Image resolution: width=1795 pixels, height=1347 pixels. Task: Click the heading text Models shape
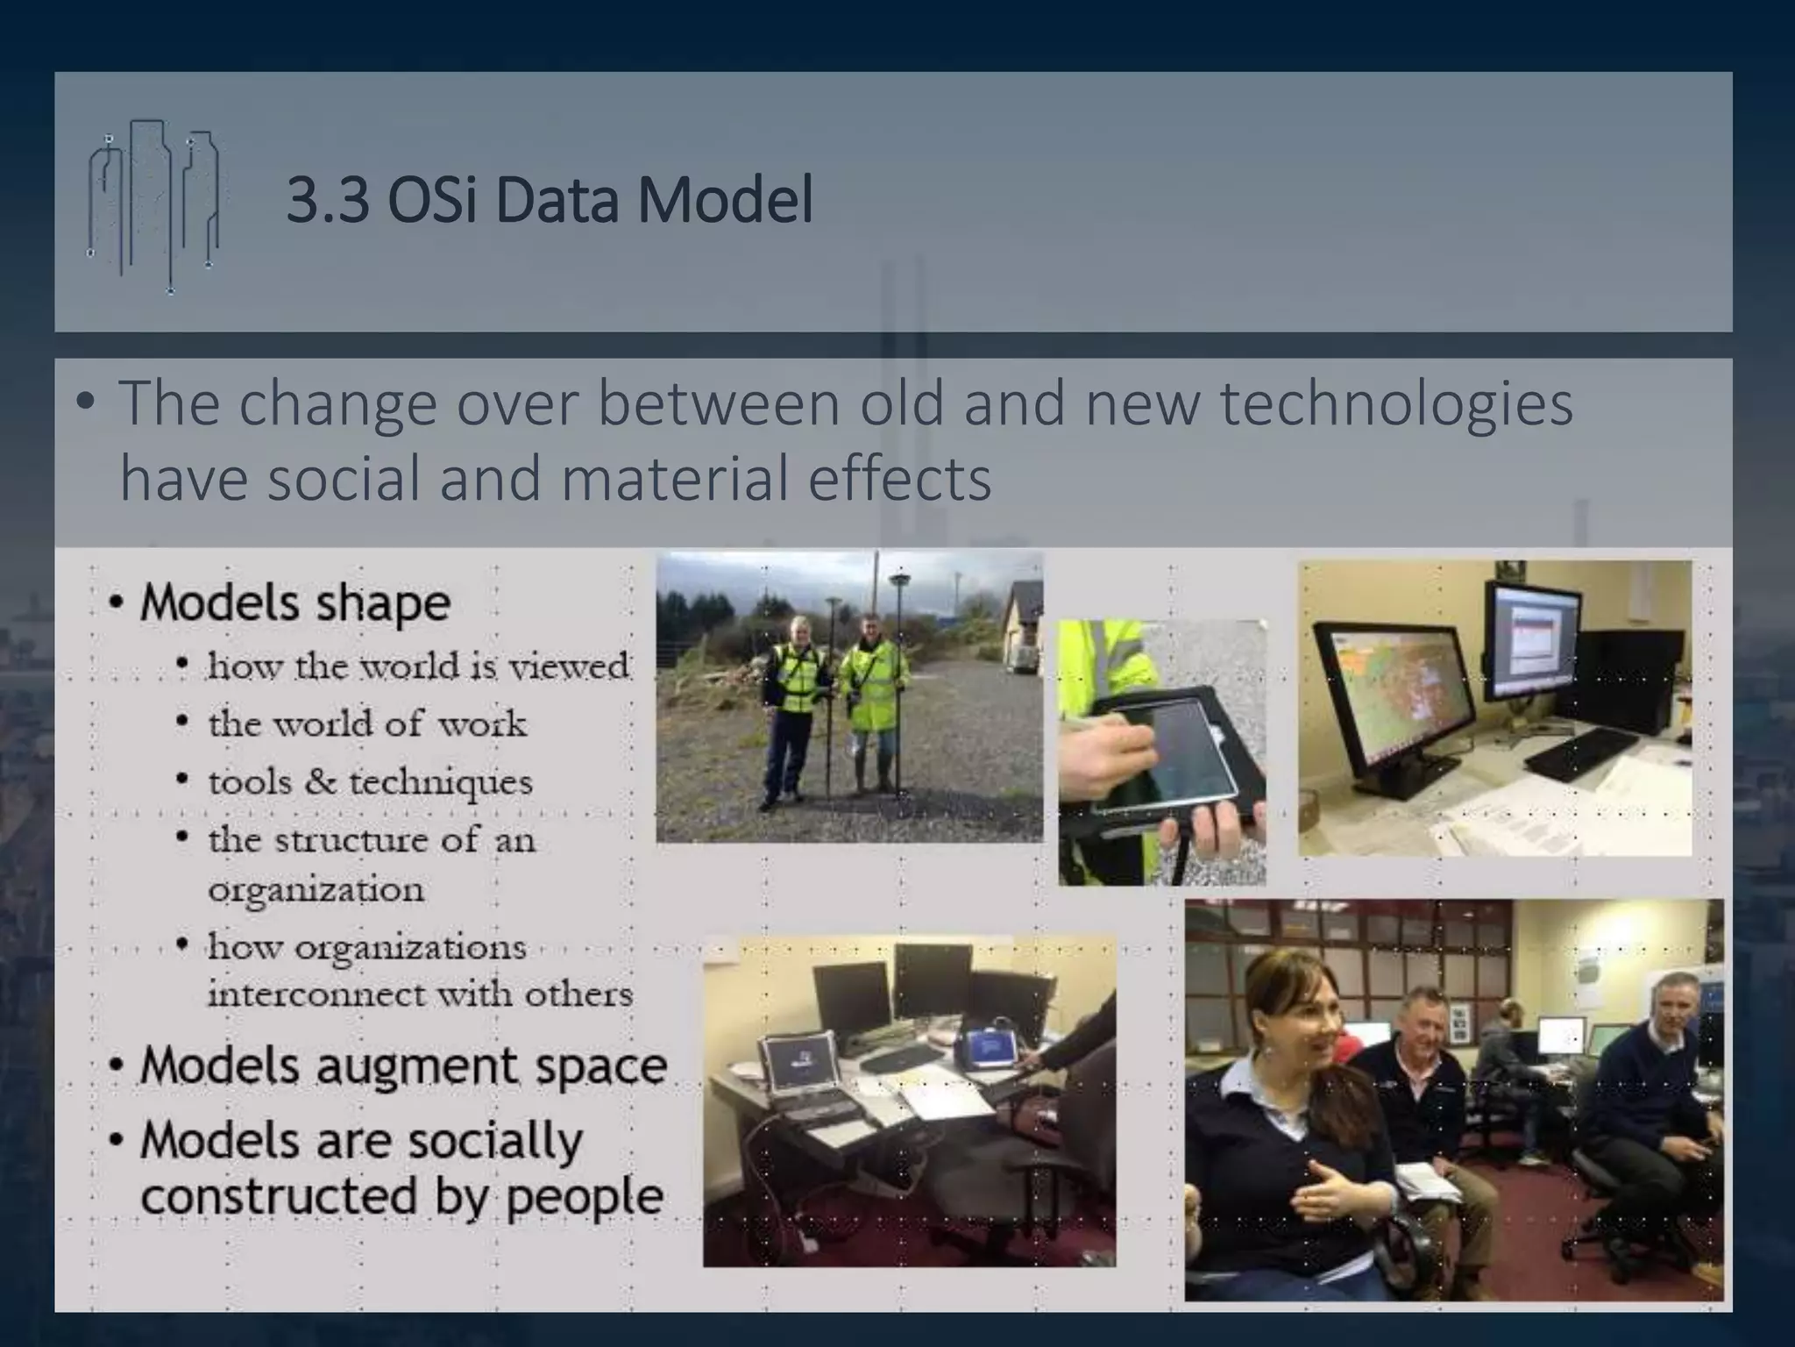(294, 603)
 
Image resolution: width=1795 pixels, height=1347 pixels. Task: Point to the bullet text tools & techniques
(369, 781)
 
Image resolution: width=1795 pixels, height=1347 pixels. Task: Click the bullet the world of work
(367, 724)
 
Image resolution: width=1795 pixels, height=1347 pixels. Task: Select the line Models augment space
(403, 1066)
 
